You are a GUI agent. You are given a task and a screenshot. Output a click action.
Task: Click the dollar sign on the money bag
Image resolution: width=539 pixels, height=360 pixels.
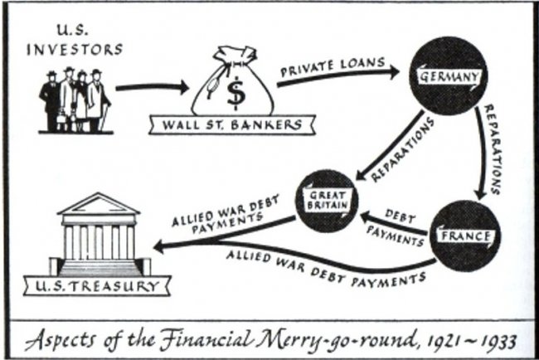[237, 93]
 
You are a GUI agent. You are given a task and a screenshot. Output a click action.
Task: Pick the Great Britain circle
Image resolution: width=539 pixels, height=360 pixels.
[330, 199]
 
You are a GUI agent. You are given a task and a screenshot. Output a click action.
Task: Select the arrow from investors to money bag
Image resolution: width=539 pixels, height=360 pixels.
[149, 87]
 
